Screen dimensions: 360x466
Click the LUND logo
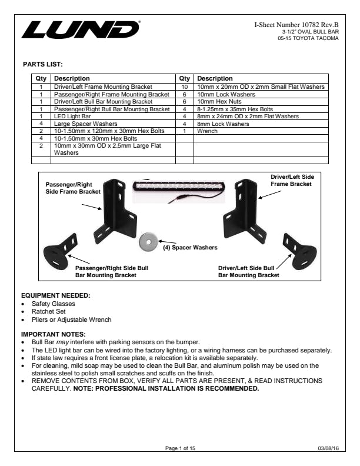[x=81, y=29]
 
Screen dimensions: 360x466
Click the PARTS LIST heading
[x=43, y=64]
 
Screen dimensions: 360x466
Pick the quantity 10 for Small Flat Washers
[x=185, y=86]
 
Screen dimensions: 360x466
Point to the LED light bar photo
[x=179, y=192]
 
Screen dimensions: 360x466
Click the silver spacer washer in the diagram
[x=148, y=242]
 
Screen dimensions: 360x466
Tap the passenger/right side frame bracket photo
[x=115, y=211]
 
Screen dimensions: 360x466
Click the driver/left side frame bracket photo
[x=245, y=211]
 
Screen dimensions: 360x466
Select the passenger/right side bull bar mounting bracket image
[x=61, y=251]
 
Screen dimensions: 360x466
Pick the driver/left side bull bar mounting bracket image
[x=299, y=251]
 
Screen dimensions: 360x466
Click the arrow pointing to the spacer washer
[x=167, y=242]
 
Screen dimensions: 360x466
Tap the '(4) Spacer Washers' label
[x=190, y=247]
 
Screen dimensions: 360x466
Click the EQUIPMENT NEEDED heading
[x=55, y=295]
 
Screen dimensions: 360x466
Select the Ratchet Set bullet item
[x=49, y=311]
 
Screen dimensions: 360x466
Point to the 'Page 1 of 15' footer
[x=181, y=448]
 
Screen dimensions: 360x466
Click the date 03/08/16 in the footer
[x=328, y=448]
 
